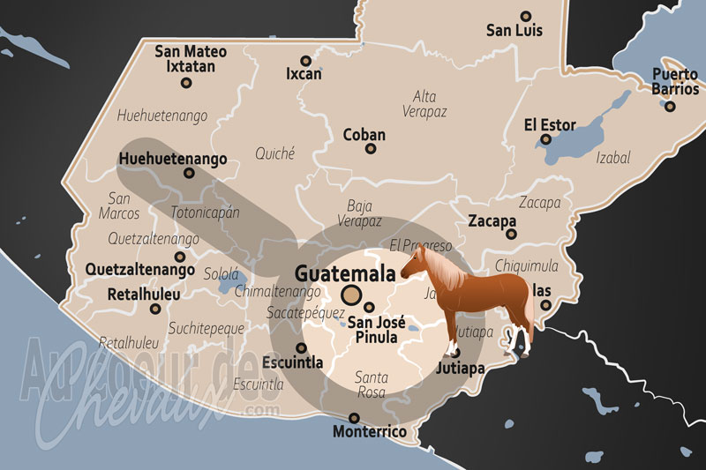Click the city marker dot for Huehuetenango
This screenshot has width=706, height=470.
(188, 174)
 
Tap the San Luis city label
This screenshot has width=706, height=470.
(514, 31)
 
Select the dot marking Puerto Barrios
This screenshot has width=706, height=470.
(671, 106)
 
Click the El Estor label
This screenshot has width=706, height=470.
(550, 124)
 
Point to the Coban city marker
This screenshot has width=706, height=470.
(371, 149)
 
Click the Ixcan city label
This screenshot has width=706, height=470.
(304, 75)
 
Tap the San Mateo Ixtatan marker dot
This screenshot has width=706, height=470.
(186, 83)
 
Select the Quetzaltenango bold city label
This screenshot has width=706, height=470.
(140, 269)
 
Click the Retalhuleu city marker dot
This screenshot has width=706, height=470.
(155, 309)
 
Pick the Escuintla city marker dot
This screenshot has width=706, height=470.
(301, 347)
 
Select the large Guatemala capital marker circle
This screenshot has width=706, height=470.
(352, 295)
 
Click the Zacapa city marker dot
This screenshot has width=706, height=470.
(511, 235)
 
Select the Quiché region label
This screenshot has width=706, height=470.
(274, 153)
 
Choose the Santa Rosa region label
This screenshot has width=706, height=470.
(371, 384)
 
